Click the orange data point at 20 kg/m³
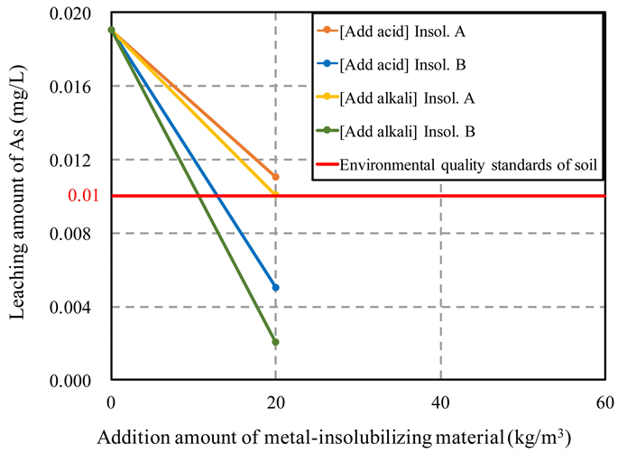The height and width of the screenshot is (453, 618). pos(275,177)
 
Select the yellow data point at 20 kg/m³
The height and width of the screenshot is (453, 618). pos(275,194)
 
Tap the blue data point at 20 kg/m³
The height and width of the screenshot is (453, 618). pos(275,288)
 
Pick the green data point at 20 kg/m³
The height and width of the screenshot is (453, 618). pos(275,342)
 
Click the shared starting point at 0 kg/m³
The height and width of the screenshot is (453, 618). pos(111,30)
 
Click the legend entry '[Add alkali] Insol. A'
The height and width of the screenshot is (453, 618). pos(406,99)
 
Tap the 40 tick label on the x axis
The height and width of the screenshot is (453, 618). pos(440,401)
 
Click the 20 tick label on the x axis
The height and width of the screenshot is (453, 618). pos(275,401)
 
